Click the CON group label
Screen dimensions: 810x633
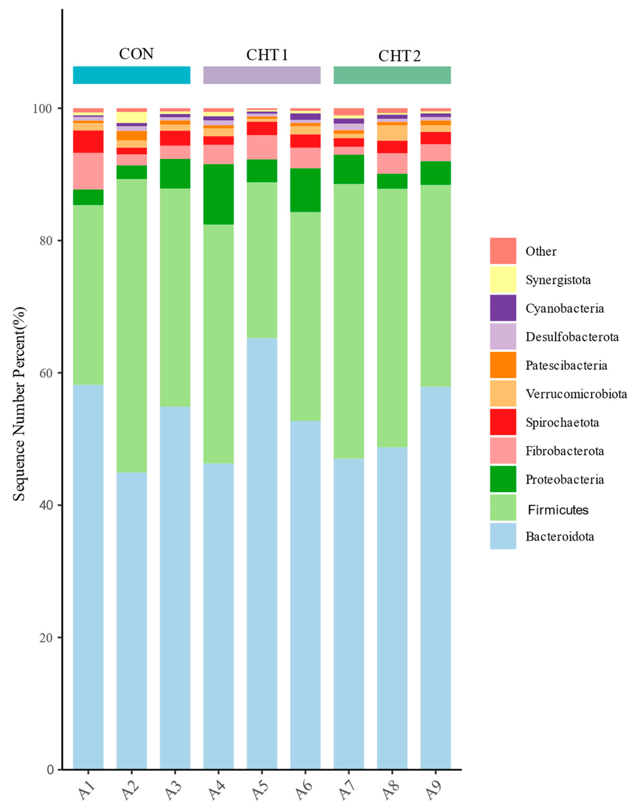(136, 54)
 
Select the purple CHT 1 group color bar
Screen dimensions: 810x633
(262, 75)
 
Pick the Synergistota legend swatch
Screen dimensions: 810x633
(503, 279)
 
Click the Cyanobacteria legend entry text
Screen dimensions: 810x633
(564, 308)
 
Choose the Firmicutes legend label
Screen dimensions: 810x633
(558, 510)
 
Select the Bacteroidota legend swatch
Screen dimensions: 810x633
(503, 536)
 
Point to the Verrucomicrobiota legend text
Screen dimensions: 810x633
(576, 394)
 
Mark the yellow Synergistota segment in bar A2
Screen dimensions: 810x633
(132, 117)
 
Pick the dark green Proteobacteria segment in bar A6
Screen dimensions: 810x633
(305, 190)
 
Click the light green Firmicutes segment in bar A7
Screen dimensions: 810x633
(349, 321)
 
